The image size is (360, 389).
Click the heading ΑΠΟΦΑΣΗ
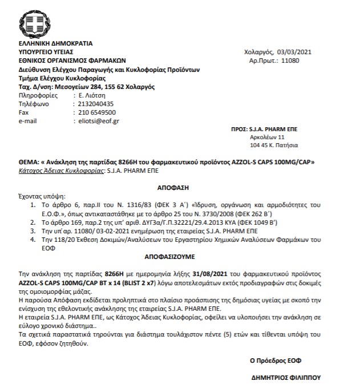(x=172, y=186)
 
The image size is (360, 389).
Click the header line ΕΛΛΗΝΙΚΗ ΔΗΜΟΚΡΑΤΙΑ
(x=55, y=43)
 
